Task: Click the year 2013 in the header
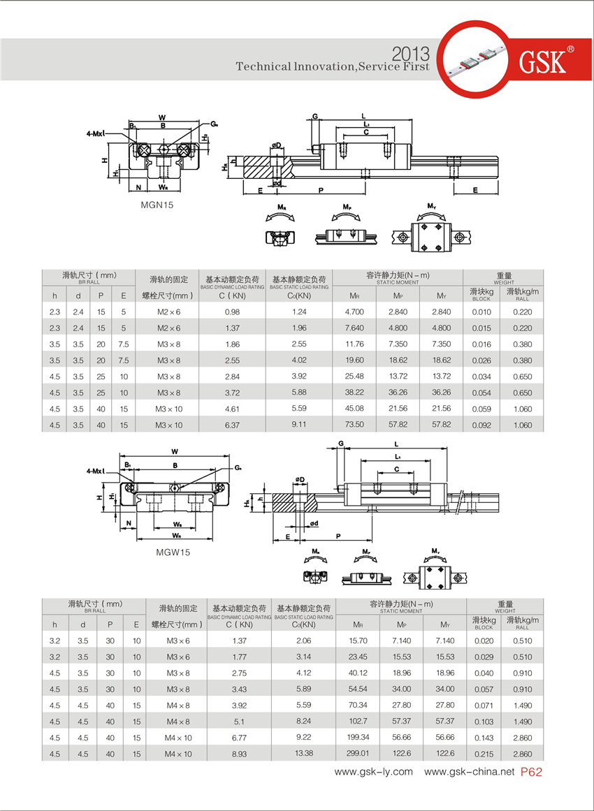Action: point(411,54)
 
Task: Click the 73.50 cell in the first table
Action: point(355,425)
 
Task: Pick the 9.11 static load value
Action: point(300,425)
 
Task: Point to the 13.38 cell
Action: point(303,753)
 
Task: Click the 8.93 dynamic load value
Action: point(239,753)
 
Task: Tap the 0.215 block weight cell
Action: point(484,753)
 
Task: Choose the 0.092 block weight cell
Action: point(481,425)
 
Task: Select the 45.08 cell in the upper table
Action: point(355,409)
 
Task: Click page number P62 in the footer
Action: point(532,772)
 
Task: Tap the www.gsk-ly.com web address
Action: point(373,772)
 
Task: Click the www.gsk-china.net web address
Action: point(469,772)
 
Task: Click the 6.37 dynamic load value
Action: point(233,425)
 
